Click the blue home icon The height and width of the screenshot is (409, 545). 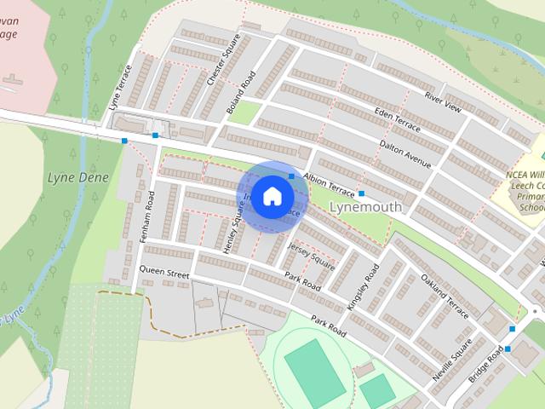point(272,196)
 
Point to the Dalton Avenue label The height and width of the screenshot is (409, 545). point(405,153)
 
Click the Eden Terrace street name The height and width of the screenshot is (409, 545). point(398,120)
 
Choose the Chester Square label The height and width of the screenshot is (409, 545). point(218,66)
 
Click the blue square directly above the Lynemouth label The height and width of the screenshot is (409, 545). point(362,194)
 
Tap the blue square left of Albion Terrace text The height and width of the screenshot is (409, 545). point(291,176)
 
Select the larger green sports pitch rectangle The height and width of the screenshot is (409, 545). point(309,368)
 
